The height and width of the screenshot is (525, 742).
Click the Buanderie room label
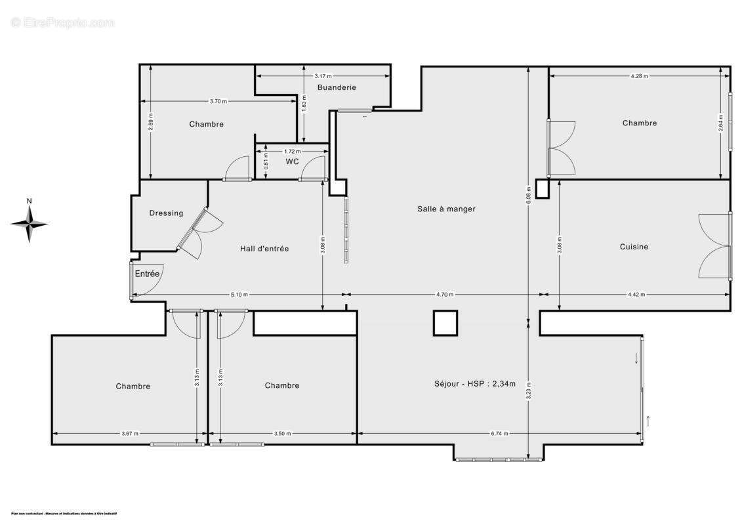337,87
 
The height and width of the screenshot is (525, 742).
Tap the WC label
292,161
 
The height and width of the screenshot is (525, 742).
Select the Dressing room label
166,213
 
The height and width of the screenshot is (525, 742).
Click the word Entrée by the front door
147,274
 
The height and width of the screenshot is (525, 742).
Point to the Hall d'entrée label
264,249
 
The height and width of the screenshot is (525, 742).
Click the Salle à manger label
446,209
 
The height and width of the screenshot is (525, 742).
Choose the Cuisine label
634,247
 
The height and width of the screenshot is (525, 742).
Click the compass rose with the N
29,223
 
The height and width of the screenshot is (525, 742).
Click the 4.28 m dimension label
638,76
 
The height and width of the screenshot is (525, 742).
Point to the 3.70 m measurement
218,101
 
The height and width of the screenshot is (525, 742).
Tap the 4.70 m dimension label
446,295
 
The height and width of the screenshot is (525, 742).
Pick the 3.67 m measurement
130,434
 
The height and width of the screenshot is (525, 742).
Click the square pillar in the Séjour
445,323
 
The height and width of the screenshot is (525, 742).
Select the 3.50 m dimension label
283,434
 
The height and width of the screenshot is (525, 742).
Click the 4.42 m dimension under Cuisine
636,295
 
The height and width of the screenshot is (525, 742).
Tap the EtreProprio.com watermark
62,22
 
